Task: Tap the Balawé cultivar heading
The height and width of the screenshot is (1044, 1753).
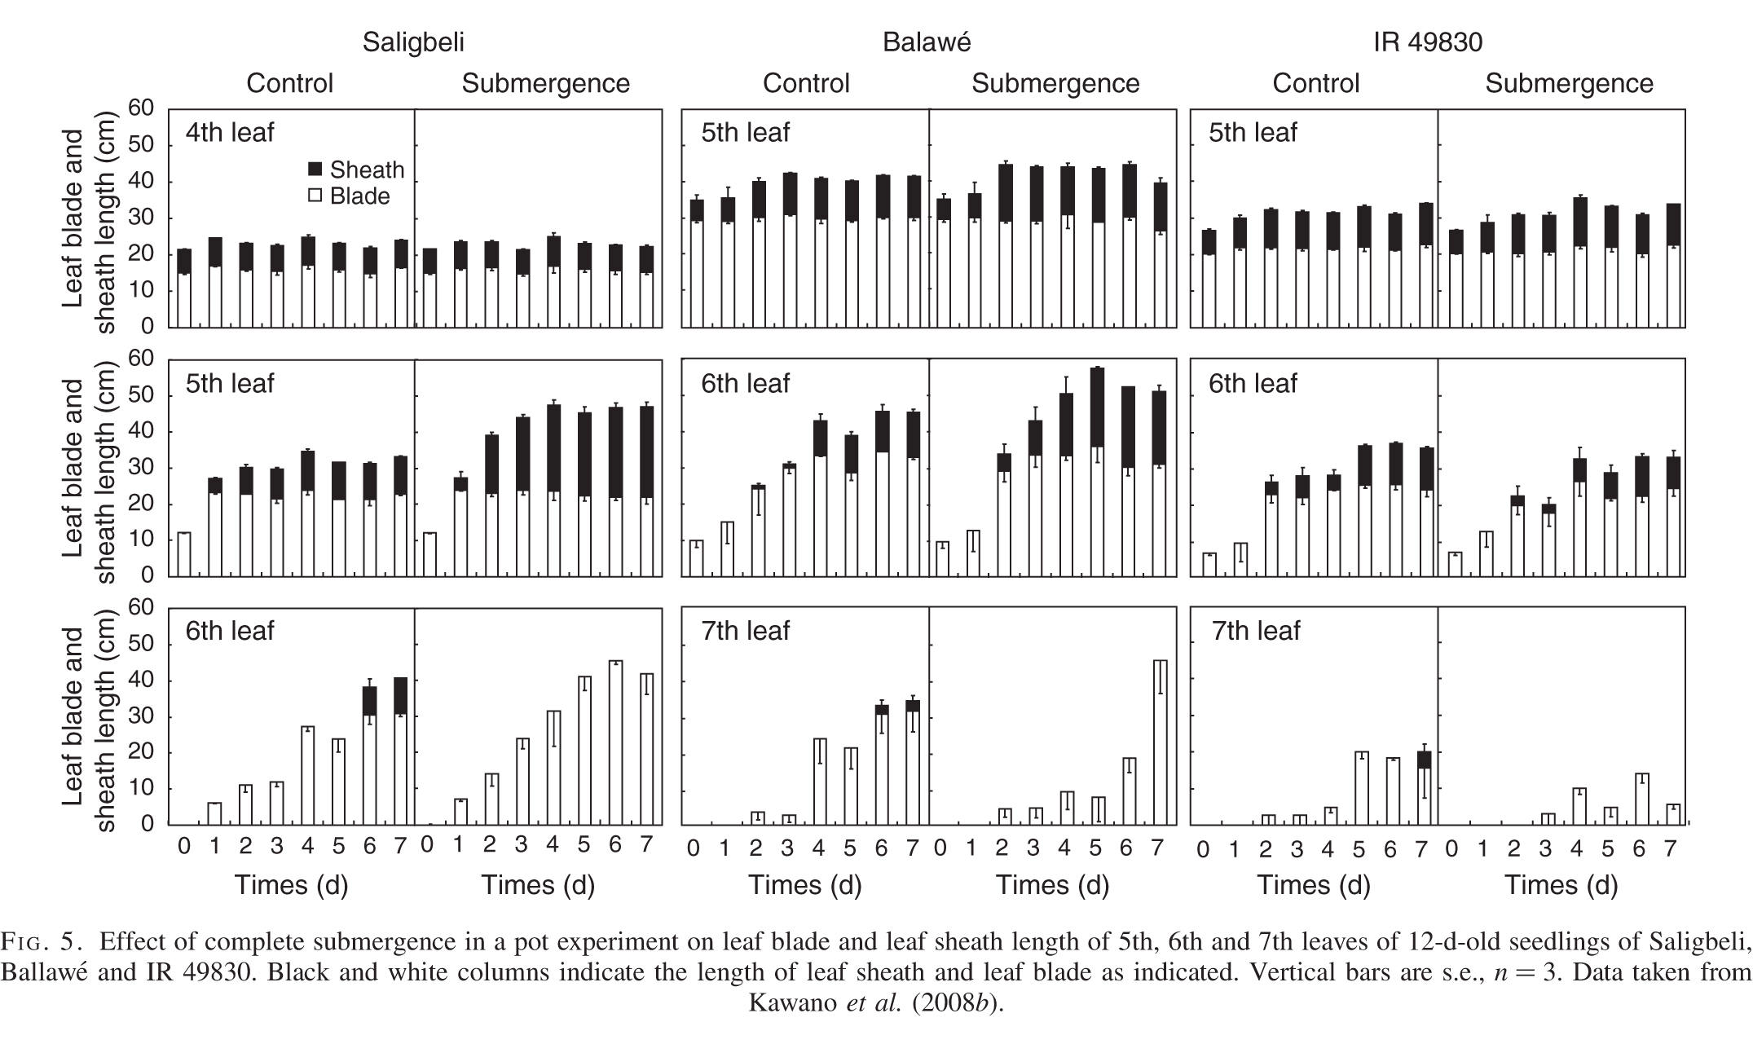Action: (927, 42)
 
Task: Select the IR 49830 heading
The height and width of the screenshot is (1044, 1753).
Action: (1428, 42)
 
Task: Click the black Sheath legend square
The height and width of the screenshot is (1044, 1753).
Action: (315, 170)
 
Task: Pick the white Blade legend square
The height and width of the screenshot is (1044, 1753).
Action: (315, 196)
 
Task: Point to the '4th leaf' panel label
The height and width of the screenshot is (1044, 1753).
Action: (230, 132)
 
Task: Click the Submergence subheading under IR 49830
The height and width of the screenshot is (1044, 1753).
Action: (1569, 83)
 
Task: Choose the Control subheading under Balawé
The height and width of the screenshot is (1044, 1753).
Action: (806, 83)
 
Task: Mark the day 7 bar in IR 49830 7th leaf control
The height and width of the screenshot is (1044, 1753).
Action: (1424, 786)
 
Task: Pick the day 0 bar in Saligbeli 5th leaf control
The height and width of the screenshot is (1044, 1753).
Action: (184, 554)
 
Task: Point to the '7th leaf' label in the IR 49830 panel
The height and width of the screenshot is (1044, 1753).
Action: (1256, 631)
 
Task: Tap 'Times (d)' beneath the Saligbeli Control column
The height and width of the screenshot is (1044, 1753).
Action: (292, 885)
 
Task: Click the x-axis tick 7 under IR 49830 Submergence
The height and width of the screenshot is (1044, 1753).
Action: (1670, 849)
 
